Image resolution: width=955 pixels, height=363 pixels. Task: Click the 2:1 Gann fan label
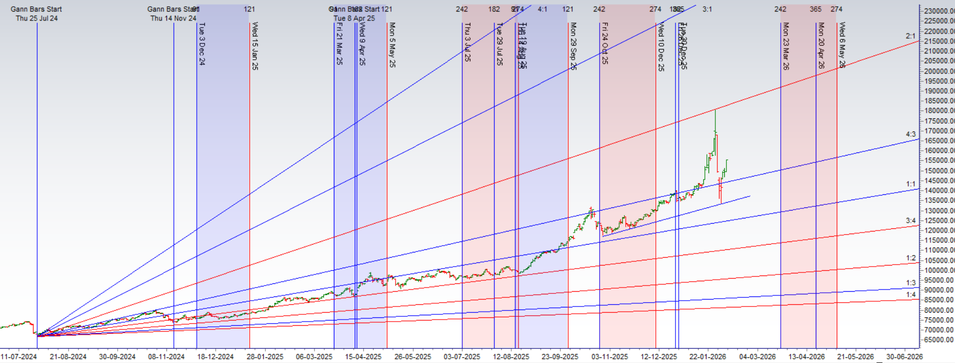click(911, 36)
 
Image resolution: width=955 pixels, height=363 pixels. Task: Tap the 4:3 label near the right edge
click(911, 135)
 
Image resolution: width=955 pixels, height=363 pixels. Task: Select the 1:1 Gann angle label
click(911, 184)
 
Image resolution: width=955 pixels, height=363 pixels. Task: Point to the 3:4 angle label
click(911, 221)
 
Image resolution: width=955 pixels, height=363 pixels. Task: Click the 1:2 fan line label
click(911, 258)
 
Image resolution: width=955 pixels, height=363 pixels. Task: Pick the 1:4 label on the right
click(911, 294)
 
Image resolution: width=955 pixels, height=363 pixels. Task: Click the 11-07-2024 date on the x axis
click(19, 357)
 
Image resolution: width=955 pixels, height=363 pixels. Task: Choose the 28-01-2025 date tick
click(265, 357)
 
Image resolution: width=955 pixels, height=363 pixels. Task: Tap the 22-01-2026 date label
click(707, 357)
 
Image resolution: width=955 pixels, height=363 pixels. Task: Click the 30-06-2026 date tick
click(904, 357)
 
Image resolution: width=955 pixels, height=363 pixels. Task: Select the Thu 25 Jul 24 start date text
click(37, 18)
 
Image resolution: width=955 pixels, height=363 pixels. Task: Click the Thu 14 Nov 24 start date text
click(173, 18)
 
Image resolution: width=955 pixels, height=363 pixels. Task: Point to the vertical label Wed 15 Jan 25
click(254, 46)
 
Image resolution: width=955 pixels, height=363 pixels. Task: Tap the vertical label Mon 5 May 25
click(392, 45)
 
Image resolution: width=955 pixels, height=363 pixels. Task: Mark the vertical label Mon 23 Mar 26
click(785, 46)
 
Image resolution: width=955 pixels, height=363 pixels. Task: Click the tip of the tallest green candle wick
click(715, 109)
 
